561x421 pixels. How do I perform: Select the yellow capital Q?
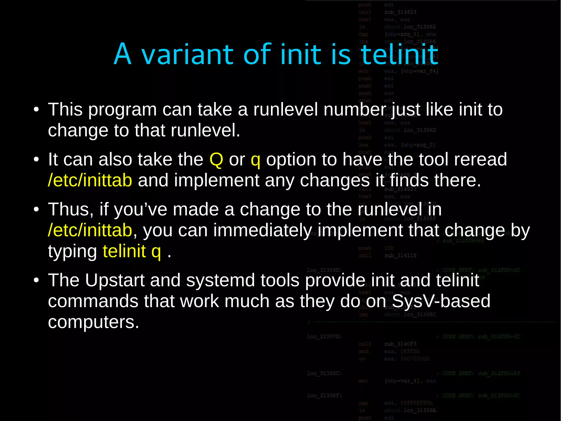pos(216,159)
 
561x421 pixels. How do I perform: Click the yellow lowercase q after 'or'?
pos(255,160)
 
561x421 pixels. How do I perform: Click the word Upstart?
pos(115,280)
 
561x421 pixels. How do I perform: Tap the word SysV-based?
pos(441,301)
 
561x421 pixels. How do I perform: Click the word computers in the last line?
pos(93,322)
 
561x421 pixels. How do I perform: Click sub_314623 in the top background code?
pos(400,12)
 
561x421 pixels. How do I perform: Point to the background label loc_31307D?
pos(324,337)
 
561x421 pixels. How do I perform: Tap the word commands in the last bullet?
pos(93,301)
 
